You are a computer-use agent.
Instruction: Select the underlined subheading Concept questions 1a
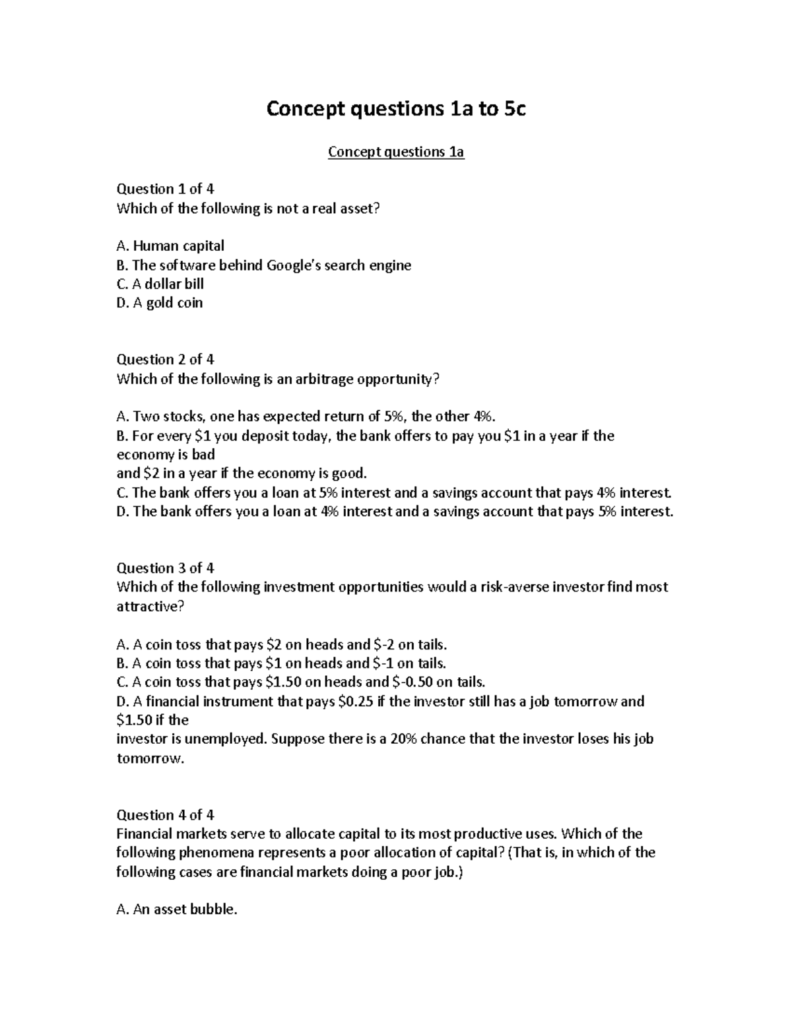(x=396, y=152)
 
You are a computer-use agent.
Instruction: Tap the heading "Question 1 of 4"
(x=165, y=189)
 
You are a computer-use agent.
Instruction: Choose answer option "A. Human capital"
(x=170, y=246)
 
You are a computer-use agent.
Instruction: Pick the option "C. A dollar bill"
(x=160, y=284)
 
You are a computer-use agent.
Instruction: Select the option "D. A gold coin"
(x=159, y=303)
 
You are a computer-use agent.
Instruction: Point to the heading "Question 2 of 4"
(x=165, y=360)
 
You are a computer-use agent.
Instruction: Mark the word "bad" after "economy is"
(x=203, y=455)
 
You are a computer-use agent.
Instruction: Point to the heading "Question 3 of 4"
(x=165, y=568)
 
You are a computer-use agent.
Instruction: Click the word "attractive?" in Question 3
(x=148, y=607)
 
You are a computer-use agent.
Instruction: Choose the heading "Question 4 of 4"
(x=165, y=815)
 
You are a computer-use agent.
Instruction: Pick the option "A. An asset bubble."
(x=176, y=910)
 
